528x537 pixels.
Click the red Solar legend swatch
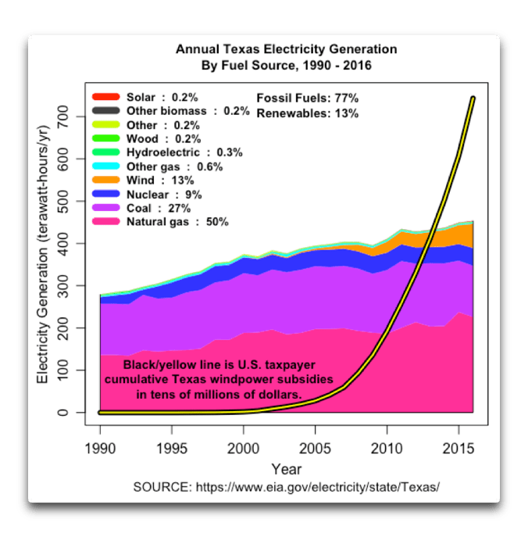pyautogui.click(x=105, y=98)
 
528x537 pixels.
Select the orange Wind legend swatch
pyautogui.click(x=105, y=181)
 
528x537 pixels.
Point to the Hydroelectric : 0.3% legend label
pyautogui.click(x=173, y=153)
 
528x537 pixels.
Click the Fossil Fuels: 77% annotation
pyautogui.click(x=307, y=98)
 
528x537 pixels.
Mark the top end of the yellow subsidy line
pyautogui.click(x=473, y=98)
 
